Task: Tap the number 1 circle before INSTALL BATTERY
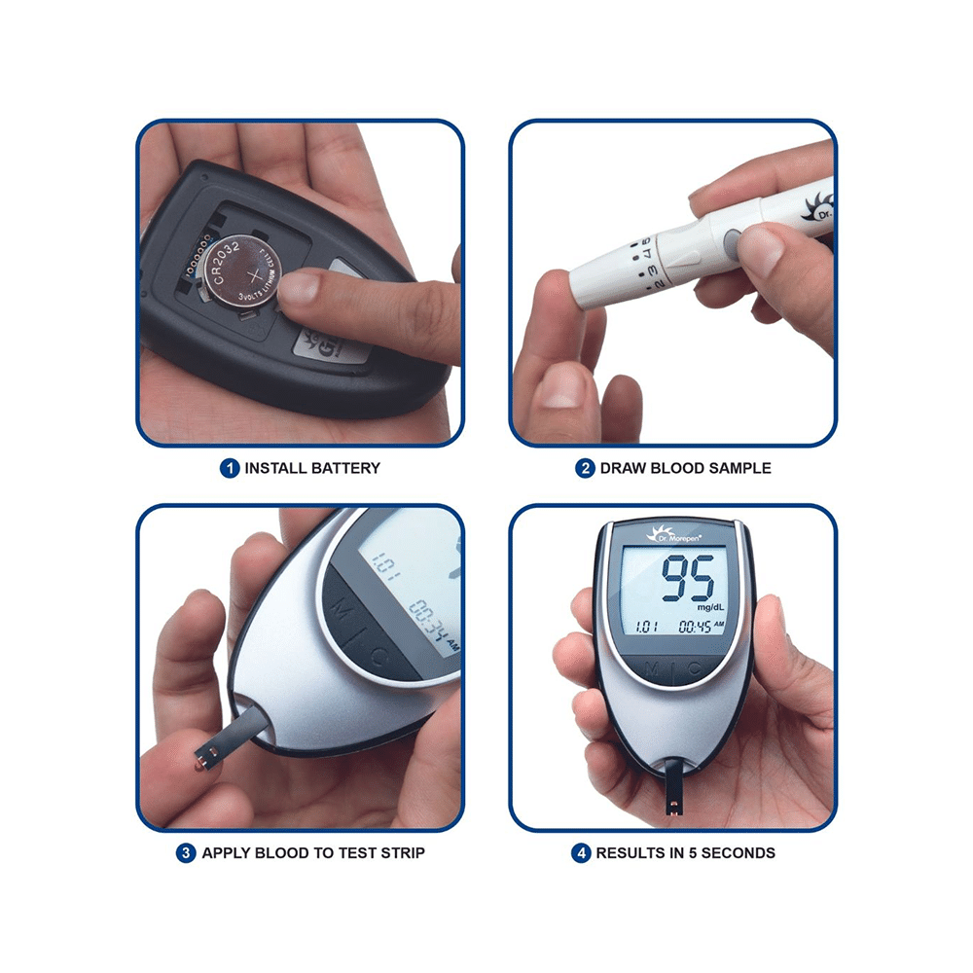click(230, 468)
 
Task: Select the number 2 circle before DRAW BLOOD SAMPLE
click(585, 468)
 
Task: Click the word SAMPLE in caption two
click(739, 468)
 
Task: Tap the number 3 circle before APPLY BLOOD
click(186, 853)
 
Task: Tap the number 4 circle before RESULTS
click(581, 853)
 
